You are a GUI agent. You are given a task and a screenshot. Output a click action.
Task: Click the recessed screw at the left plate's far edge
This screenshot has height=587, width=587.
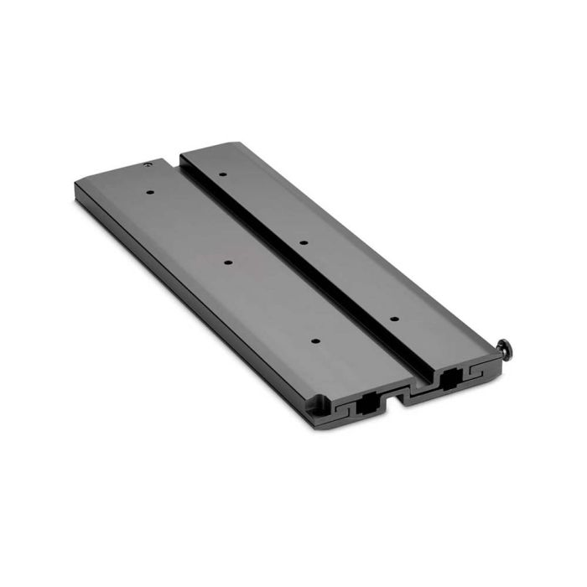148,166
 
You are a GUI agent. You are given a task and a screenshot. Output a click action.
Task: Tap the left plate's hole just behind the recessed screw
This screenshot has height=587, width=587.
150,192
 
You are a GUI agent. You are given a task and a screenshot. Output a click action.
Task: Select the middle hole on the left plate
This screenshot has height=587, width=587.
228,262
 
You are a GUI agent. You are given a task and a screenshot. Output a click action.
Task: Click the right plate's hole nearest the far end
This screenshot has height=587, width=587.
223,174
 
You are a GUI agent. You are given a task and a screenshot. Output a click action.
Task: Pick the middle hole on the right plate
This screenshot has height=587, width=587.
303,242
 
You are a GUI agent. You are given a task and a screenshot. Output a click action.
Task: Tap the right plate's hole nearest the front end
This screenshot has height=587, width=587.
392,319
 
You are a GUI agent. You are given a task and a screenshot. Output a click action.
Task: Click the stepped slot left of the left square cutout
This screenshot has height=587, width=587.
343,410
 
